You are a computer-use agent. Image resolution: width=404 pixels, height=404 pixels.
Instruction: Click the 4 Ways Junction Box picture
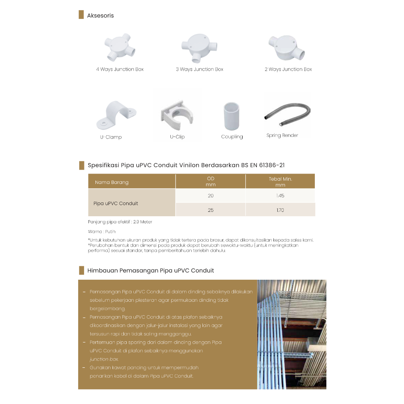click(x=120, y=49)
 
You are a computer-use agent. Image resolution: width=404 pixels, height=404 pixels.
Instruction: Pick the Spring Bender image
click(x=287, y=113)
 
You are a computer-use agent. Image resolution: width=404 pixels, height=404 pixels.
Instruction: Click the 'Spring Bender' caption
click(x=282, y=136)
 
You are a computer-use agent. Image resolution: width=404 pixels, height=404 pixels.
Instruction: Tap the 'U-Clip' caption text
click(x=177, y=137)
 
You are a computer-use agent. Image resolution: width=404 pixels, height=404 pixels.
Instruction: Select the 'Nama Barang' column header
click(x=112, y=182)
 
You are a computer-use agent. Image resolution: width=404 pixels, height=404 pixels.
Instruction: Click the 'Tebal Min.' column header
click(x=280, y=181)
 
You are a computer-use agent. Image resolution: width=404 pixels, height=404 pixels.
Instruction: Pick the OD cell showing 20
click(x=211, y=196)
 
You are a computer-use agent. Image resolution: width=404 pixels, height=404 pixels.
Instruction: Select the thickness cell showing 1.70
click(x=280, y=210)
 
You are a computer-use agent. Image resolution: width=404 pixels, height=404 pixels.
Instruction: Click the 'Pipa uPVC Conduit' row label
click(x=116, y=204)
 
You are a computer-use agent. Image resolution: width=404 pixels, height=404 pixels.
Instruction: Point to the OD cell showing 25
click(x=211, y=210)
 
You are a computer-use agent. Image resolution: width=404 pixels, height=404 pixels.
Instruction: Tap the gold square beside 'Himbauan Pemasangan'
click(x=81, y=270)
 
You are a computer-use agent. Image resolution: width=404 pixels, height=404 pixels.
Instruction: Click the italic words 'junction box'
click(x=104, y=359)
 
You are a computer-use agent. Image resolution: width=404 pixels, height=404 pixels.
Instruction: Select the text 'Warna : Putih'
click(x=102, y=232)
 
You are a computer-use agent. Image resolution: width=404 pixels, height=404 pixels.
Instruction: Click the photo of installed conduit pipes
click(x=292, y=334)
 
